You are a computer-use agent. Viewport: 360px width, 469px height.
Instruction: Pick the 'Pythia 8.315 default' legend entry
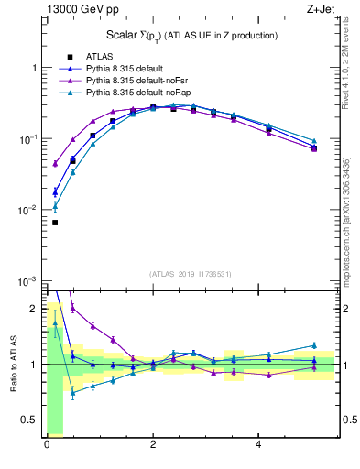(123, 69)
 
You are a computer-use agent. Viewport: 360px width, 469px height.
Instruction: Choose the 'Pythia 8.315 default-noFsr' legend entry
(133, 81)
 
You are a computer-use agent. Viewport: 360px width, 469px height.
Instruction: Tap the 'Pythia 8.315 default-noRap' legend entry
(134, 93)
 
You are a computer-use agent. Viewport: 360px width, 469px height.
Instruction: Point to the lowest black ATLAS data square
(55, 223)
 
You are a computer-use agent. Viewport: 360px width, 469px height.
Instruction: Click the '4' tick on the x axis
(259, 444)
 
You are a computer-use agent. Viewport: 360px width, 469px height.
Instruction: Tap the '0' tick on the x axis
(47, 444)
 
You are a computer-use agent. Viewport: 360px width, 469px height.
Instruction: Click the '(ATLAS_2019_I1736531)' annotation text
(191, 274)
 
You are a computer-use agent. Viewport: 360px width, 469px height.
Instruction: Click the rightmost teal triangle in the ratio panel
(314, 345)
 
